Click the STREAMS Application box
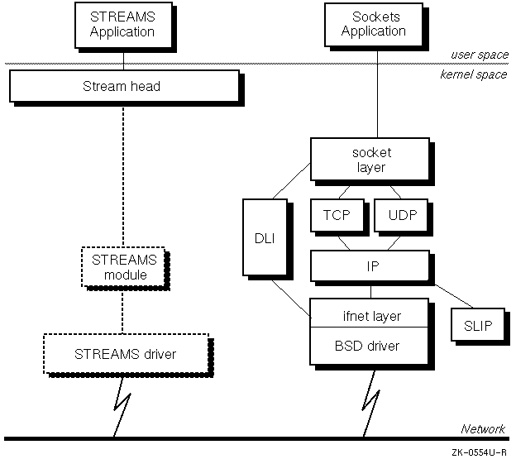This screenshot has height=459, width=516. [122, 25]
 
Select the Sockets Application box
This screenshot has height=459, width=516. [374, 25]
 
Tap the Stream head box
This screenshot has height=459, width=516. [122, 85]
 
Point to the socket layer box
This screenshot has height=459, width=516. [370, 160]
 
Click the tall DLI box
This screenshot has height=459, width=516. [259, 237]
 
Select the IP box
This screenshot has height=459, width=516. [370, 267]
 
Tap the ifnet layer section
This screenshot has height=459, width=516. [371, 315]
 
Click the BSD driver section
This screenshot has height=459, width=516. [371, 346]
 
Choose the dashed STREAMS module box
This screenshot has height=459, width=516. [123, 266]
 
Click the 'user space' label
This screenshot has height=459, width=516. [480, 55]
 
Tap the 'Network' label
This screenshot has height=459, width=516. [482, 429]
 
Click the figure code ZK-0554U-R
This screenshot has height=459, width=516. [480, 452]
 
